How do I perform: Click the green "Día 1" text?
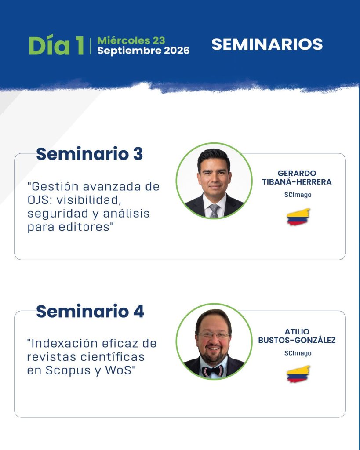point(56,45)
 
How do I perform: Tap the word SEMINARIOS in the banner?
point(267,44)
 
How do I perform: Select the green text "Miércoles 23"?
point(131,40)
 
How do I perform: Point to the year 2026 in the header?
point(177,51)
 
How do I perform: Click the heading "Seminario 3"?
point(89,154)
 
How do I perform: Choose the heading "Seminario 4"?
point(90,312)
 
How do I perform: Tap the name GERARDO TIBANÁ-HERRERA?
point(297,178)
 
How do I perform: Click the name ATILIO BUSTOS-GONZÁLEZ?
point(297,336)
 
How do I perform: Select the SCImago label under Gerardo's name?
point(298,195)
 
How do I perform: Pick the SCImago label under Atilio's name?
point(298,353)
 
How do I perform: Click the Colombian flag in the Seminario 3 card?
point(298,217)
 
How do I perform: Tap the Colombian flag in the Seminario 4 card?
point(298,374)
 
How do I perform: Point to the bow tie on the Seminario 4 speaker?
point(213,371)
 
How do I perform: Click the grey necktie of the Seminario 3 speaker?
point(214,210)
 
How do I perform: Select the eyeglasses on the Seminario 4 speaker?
point(213,335)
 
